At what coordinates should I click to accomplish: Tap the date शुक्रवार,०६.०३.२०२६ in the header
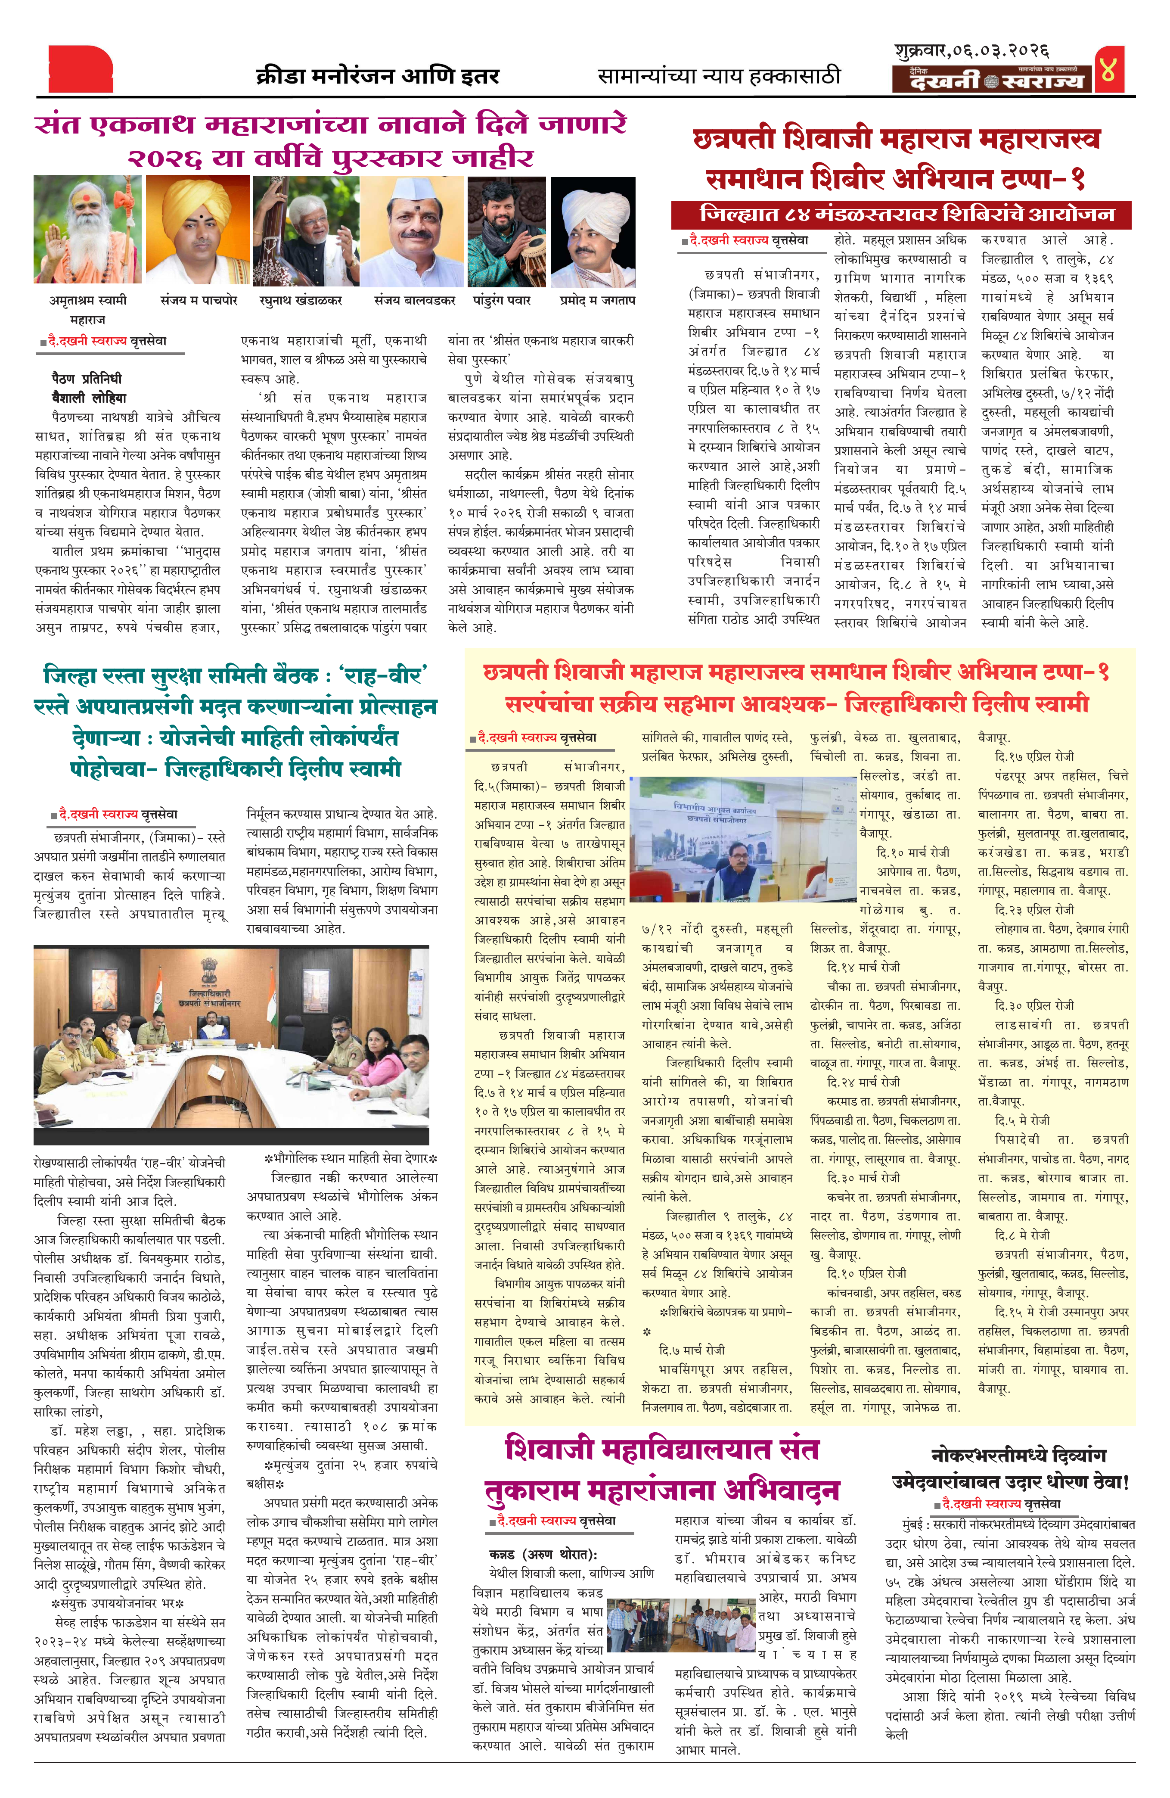pyautogui.click(x=971, y=51)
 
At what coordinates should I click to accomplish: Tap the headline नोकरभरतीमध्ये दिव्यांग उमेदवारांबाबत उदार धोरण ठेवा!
pyautogui.click(x=1010, y=1468)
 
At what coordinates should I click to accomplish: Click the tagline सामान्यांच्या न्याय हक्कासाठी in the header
pyautogui.click(x=718, y=76)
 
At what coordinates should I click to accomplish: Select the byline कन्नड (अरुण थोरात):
pyautogui.click(x=543, y=1554)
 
